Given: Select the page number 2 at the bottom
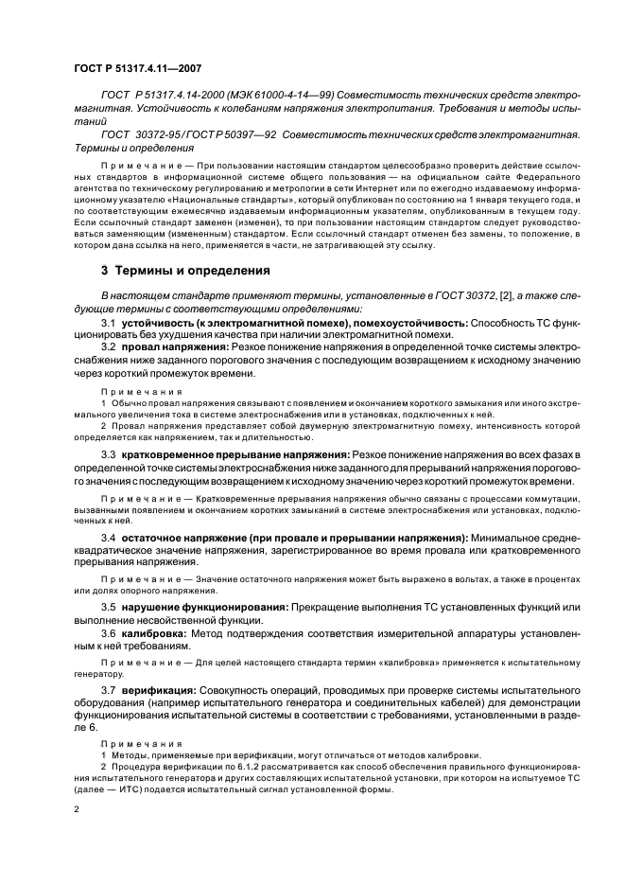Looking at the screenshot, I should click(78, 810).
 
